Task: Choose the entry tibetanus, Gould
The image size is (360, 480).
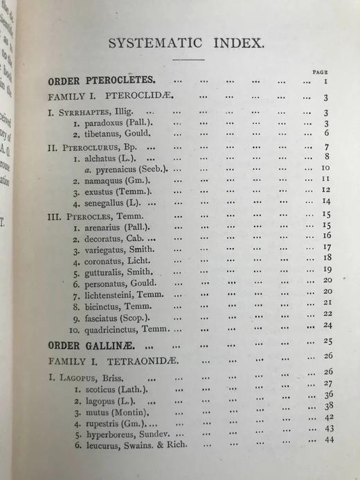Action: coord(111,134)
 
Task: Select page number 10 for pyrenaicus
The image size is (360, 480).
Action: coord(325,168)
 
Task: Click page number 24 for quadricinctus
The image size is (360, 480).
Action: coord(328,325)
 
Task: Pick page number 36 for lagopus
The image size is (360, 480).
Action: coord(330,395)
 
